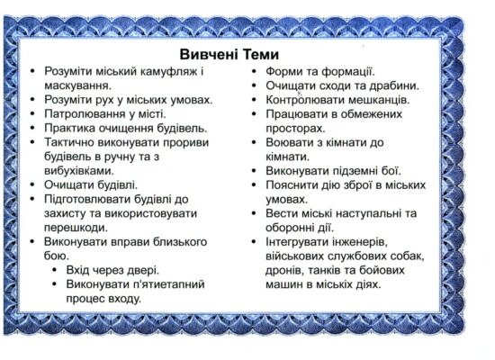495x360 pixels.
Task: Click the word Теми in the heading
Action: (259, 54)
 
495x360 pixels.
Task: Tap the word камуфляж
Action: (168, 72)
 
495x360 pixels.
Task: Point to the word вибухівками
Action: (79, 171)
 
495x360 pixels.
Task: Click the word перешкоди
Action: (76, 228)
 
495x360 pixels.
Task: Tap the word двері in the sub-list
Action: (143, 270)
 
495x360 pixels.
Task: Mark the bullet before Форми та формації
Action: (254, 72)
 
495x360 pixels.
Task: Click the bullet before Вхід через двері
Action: (55, 270)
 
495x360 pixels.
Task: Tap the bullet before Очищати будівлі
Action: (32, 185)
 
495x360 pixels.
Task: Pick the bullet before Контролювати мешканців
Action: (254, 100)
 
